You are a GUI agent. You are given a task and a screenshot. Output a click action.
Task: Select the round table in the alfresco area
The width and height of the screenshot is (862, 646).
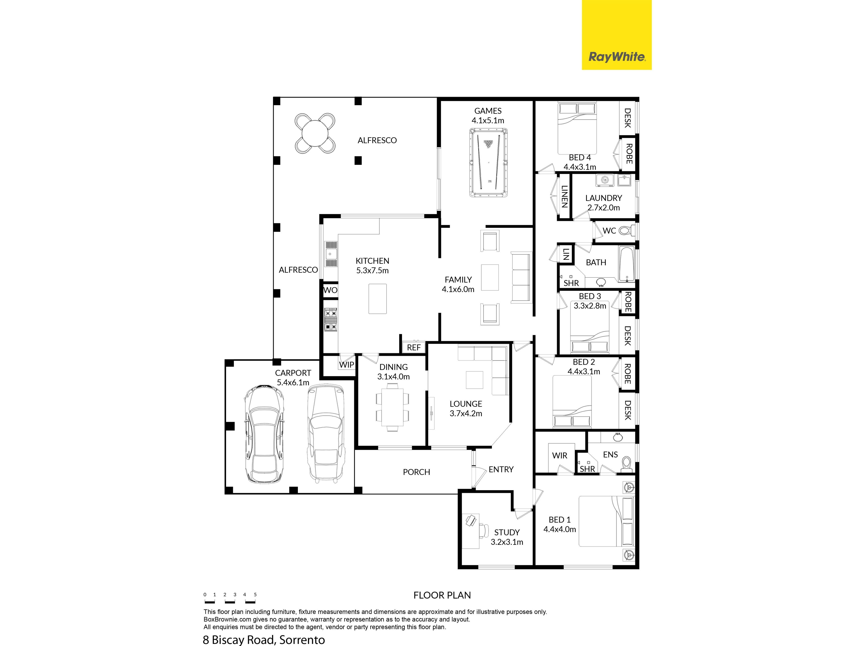click(315, 133)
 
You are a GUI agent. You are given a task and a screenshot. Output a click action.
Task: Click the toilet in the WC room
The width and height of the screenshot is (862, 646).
click(626, 231)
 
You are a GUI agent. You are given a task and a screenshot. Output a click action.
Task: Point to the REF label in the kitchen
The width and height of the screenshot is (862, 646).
click(414, 347)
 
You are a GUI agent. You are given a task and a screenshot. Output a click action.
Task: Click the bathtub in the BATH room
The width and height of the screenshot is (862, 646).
click(627, 264)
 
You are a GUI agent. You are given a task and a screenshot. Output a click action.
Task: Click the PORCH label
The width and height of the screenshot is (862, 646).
click(416, 472)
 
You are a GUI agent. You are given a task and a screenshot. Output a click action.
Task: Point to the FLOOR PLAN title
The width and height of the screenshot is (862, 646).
click(442, 595)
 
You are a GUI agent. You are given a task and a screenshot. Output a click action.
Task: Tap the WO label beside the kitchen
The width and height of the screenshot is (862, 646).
click(330, 290)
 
